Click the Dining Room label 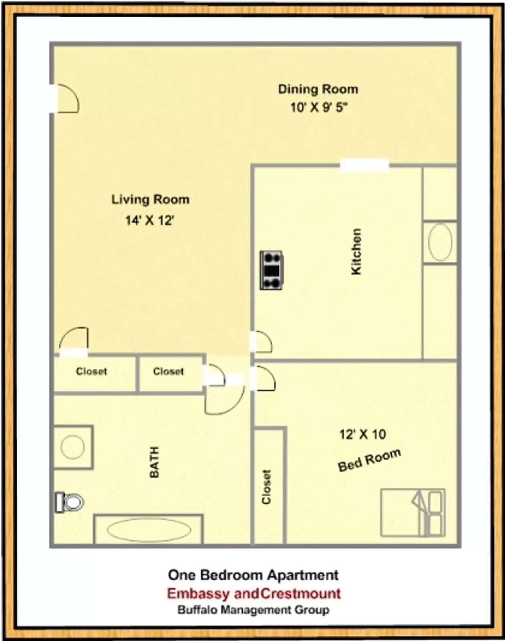(x=318, y=89)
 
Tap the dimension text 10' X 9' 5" (x=319, y=107)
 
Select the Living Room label (x=150, y=200)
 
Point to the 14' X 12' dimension (x=149, y=220)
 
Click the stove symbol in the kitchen (x=271, y=270)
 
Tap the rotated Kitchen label (x=356, y=252)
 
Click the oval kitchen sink (x=440, y=242)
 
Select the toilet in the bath (x=70, y=502)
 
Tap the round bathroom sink (x=72, y=447)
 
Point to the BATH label (x=154, y=462)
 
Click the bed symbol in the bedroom (x=412, y=512)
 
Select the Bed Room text (x=369, y=460)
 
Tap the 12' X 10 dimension (x=362, y=434)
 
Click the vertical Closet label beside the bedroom (x=266, y=487)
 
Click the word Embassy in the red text (x=199, y=593)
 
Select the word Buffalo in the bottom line (x=197, y=610)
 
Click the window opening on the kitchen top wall (x=364, y=165)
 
